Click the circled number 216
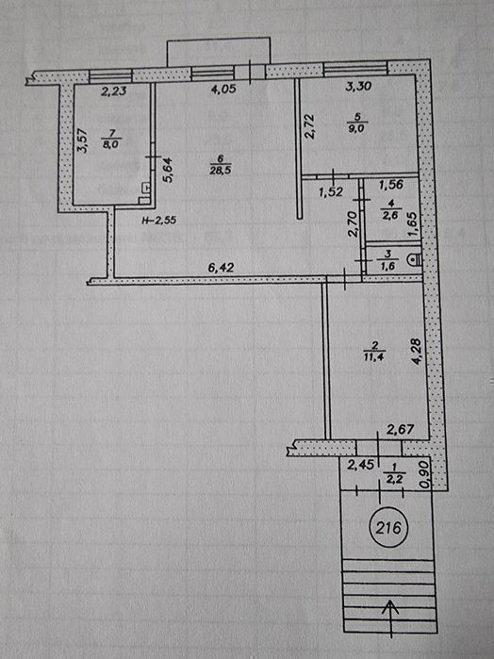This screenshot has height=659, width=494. [388, 527]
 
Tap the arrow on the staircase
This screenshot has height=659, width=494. [390, 618]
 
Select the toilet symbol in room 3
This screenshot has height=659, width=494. [414, 260]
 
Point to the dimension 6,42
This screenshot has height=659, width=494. [222, 268]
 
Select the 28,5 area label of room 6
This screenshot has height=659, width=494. [221, 170]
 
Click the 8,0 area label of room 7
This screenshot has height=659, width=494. [111, 143]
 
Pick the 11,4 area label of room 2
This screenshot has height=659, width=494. [373, 357]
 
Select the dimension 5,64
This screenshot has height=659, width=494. [167, 171]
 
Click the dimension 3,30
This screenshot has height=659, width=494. [358, 86]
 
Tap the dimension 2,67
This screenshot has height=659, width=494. [401, 429]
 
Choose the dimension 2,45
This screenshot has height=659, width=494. [361, 465]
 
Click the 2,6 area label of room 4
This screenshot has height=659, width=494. [391, 217]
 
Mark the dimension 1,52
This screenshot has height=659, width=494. [331, 192]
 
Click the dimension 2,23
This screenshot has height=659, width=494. [114, 91]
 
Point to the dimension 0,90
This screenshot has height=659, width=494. [424, 475]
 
